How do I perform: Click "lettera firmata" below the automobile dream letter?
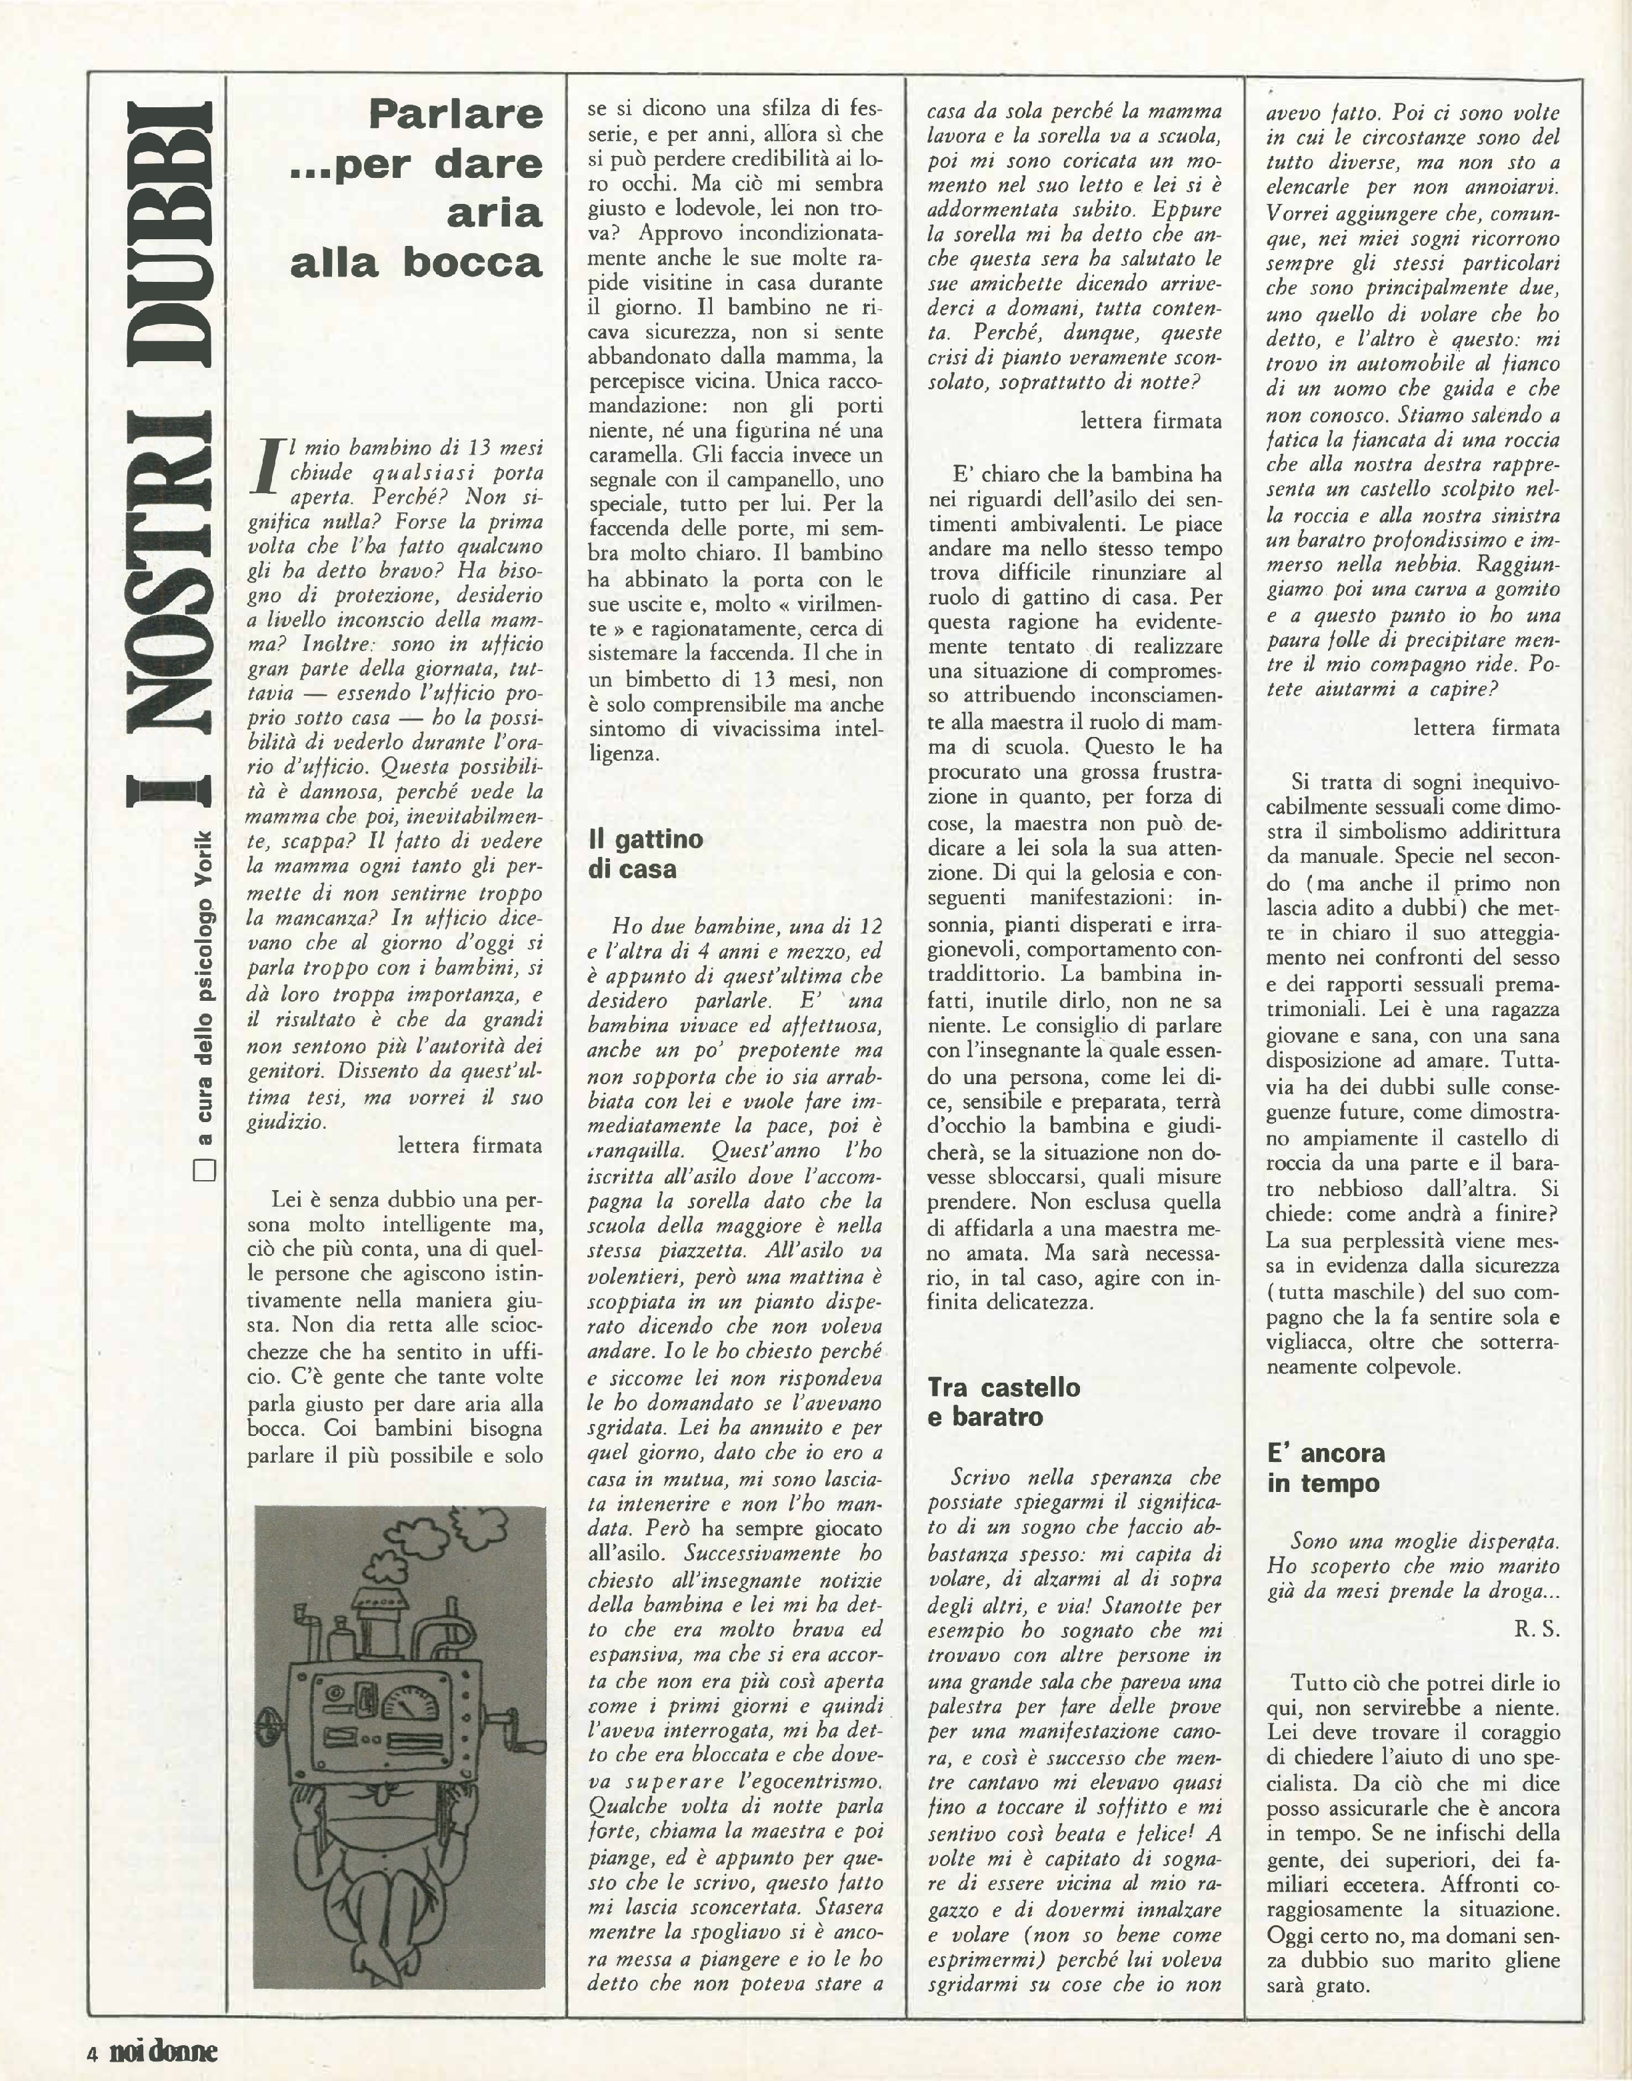point(1486,728)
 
